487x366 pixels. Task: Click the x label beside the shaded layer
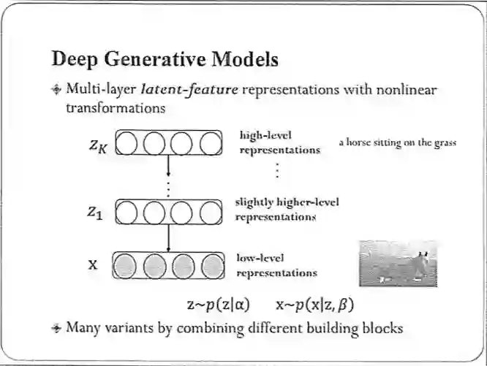93,264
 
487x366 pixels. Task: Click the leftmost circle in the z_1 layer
127,212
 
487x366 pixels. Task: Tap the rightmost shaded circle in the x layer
211,264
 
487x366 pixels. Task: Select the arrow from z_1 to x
169,237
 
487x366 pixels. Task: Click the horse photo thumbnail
398,263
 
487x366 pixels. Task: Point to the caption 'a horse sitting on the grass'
397,142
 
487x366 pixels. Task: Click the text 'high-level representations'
279,143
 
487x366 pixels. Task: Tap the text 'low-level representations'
276,265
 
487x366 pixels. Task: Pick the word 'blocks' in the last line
382,327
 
